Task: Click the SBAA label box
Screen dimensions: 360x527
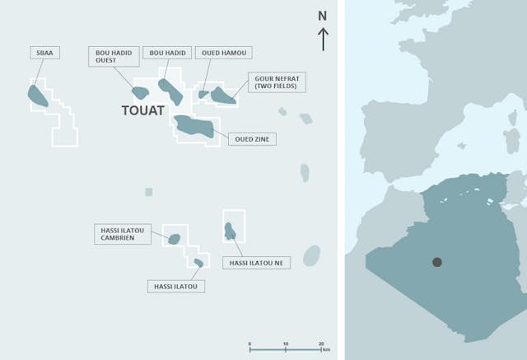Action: (42, 53)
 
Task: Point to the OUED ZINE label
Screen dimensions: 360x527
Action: (251, 138)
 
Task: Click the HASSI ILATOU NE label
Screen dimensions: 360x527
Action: (255, 263)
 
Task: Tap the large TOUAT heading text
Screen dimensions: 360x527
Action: (143, 110)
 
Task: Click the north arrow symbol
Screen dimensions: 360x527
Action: (324, 39)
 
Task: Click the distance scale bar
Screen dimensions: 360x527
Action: (285, 349)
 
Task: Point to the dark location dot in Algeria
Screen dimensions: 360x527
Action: (437, 263)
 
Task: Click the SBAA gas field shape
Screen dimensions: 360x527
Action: (38, 96)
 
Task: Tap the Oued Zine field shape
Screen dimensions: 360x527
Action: (194, 126)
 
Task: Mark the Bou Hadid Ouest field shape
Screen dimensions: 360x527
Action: (140, 93)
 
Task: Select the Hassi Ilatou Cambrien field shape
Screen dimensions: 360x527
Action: (174, 240)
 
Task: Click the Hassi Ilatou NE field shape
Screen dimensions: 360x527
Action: (230, 229)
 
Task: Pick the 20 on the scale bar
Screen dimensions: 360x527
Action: (320, 342)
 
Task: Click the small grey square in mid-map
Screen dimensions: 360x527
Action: (149, 192)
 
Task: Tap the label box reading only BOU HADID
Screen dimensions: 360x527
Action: (168, 53)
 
